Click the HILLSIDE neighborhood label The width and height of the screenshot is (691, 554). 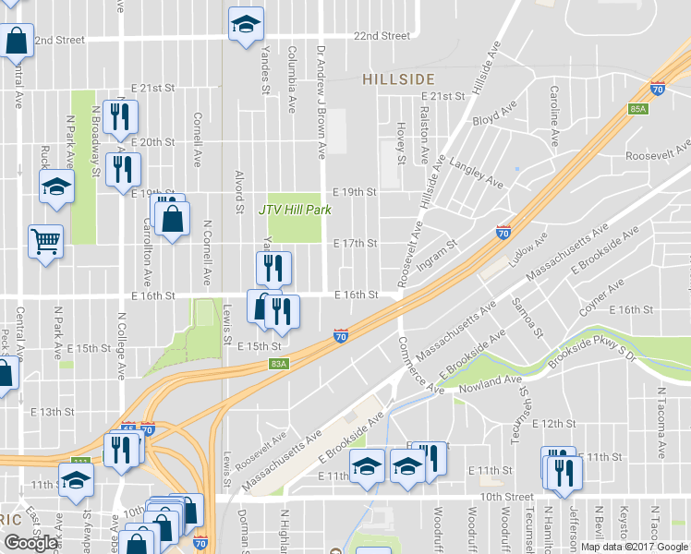(398, 79)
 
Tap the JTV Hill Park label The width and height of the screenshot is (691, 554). (295, 210)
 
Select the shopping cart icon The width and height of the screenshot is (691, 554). (45, 242)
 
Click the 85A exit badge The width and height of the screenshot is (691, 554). (638, 108)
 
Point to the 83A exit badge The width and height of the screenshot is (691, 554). (279, 364)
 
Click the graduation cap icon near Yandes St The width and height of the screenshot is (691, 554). (247, 25)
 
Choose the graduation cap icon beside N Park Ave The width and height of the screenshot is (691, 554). (56, 187)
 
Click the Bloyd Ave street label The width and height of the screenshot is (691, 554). (494, 116)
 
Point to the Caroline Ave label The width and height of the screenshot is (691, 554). (554, 115)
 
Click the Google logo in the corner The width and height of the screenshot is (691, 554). (30, 543)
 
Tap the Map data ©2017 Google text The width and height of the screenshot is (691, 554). (634, 547)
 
